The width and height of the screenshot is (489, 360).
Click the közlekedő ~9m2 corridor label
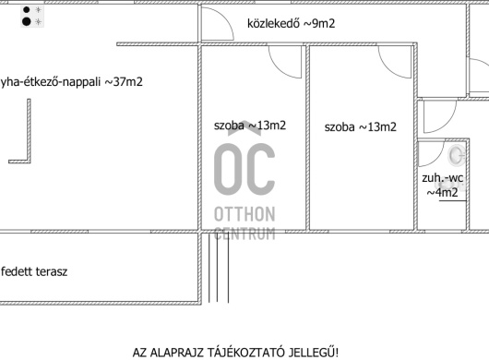pyautogui.click(x=291, y=24)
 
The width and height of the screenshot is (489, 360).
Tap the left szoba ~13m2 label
pyautogui.click(x=250, y=126)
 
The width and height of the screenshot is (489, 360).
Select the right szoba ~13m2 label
pyautogui.click(x=360, y=127)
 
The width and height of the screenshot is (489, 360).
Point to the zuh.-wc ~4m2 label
pyautogui.click(x=442, y=186)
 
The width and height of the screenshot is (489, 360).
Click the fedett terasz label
pyautogui.click(x=34, y=271)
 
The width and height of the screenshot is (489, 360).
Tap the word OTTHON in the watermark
pyautogui.click(x=244, y=214)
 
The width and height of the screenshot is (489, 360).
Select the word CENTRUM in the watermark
pyautogui.click(x=244, y=234)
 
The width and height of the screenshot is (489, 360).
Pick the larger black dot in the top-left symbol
pyautogui.click(x=27, y=21)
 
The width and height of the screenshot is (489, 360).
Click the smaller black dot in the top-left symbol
pyautogui.click(x=27, y=9)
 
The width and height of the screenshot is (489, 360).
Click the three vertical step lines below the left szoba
pyautogui.click(x=219, y=268)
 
